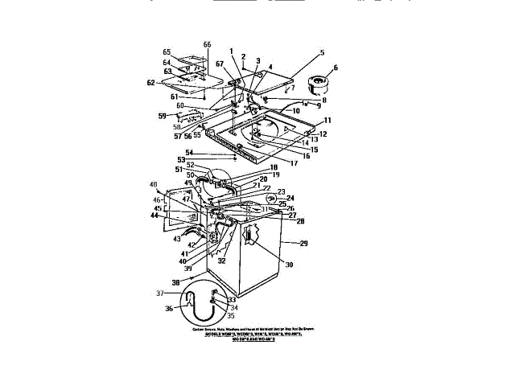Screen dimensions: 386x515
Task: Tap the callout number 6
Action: [336, 68]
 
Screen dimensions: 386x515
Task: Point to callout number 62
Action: [150, 82]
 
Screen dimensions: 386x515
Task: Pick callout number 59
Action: [162, 116]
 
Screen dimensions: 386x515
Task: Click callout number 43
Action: [175, 240]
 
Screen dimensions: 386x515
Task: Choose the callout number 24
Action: [290, 198]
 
